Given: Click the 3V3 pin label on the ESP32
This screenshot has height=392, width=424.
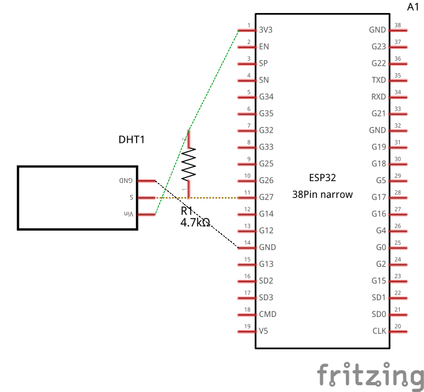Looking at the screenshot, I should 266,30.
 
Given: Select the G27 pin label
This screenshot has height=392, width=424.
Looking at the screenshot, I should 266,197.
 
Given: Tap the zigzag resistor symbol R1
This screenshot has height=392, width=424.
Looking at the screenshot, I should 189,164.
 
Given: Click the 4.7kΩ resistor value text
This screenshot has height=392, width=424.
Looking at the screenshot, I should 195,221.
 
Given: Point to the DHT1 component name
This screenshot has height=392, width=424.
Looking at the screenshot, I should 132,140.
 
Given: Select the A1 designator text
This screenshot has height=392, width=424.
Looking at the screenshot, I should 413,7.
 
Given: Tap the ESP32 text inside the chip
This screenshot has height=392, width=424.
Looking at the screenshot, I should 322,177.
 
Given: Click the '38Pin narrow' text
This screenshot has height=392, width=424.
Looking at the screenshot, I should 322,194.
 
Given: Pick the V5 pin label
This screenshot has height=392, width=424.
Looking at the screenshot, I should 264,331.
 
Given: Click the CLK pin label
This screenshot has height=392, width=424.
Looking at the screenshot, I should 379,331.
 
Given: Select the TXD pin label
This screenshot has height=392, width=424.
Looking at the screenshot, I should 378,80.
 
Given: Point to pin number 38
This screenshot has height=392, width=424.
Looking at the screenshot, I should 397,26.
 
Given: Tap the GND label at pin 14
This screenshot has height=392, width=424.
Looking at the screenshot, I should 268,247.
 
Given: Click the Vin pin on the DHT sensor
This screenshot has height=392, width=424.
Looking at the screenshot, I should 129,214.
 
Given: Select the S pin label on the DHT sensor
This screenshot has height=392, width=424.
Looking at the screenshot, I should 131,197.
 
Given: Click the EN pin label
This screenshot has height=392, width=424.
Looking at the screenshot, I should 264,47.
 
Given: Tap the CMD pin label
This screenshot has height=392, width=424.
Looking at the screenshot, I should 268,314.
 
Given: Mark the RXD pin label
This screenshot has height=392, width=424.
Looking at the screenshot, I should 378,97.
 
